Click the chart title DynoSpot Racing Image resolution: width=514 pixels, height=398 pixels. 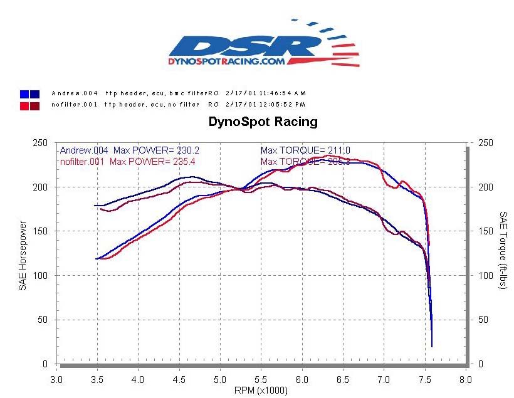click(x=263, y=122)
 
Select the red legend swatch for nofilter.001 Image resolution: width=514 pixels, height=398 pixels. click(x=29, y=105)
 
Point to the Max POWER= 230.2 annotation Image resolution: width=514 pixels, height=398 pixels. click(x=156, y=150)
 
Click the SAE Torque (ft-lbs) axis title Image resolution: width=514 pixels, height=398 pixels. click(x=503, y=249)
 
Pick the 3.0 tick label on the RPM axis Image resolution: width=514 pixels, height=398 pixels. click(x=56, y=379)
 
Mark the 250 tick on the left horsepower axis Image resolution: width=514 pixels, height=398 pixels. click(x=40, y=143)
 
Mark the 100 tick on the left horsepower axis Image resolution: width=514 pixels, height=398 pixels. click(x=40, y=275)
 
